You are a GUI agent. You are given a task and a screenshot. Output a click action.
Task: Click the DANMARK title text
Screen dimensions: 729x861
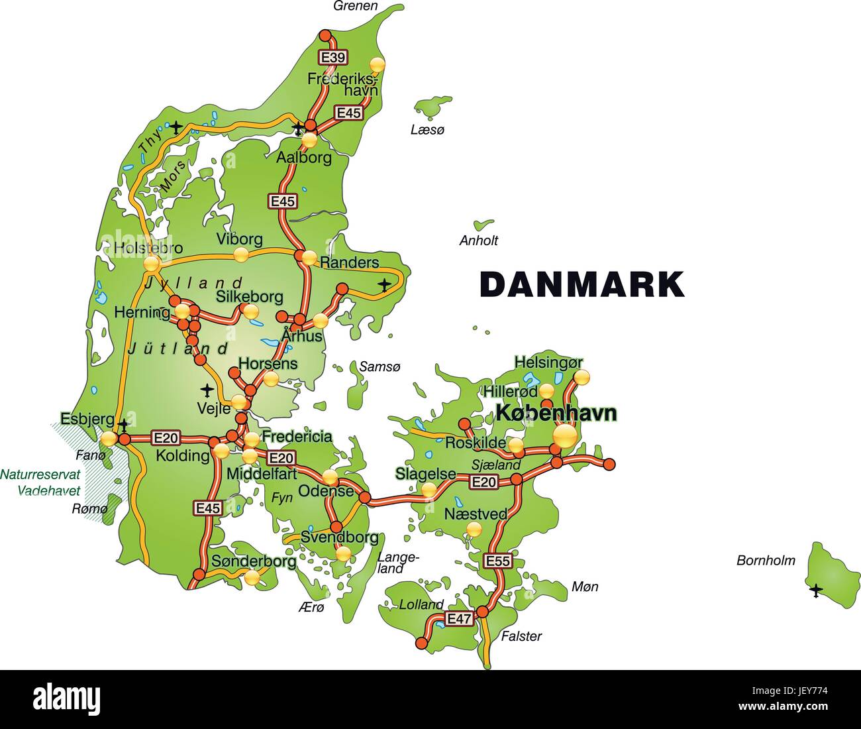tap(582, 284)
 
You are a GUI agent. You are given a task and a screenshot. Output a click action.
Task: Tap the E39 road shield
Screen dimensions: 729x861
tap(332, 58)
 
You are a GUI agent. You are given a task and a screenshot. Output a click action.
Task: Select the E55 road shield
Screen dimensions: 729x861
tap(498, 561)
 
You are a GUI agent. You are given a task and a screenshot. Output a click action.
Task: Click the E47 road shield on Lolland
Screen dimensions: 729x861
tap(459, 619)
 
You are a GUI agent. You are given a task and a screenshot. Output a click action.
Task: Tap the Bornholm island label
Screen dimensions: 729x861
tap(766, 561)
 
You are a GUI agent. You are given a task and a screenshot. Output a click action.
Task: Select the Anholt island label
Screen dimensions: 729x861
tap(479, 241)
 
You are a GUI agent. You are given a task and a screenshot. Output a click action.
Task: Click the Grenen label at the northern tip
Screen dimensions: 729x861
tap(356, 6)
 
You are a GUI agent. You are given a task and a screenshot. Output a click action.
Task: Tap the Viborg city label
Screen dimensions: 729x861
tap(240, 239)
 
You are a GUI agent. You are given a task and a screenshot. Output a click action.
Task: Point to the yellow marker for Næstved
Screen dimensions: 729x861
tap(474, 529)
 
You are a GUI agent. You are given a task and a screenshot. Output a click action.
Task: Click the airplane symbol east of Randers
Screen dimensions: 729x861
tap(385, 285)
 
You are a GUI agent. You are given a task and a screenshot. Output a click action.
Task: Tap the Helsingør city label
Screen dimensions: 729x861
tap(549, 363)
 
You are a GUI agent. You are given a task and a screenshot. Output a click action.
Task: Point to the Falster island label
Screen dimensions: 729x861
tap(521, 636)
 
